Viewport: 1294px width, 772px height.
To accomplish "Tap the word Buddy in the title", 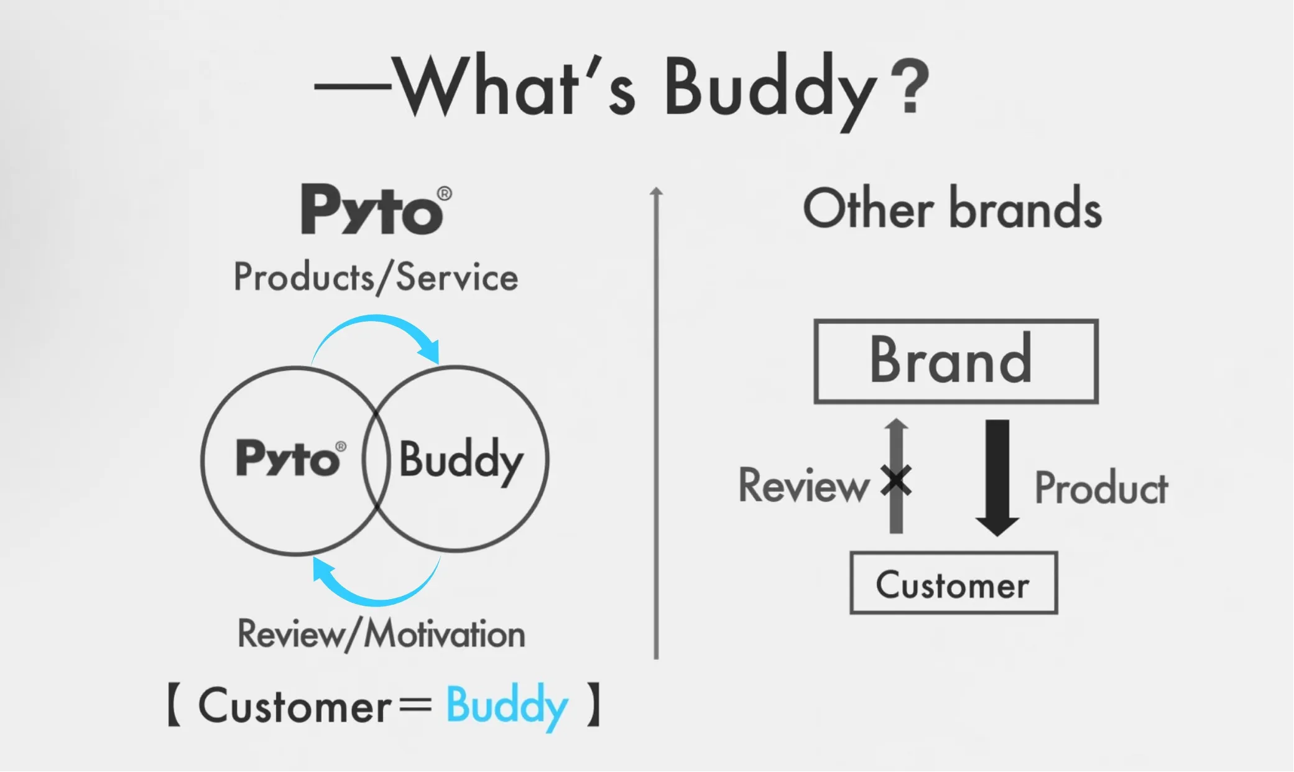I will (770, 90).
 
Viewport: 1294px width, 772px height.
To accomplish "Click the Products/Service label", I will (376, 277).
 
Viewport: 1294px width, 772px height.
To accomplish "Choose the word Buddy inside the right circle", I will (461, 460).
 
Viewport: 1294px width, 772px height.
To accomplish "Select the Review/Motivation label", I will (381, 635).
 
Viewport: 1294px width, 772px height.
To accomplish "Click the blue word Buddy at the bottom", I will (507, 707).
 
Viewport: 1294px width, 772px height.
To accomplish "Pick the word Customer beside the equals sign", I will (295, 707).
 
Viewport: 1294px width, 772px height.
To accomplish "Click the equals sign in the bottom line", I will (415, 706).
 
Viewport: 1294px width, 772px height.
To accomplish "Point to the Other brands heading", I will (952, 209).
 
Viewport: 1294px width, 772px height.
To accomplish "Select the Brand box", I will (956, 361).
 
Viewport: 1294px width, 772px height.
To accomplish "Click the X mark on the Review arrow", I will (896, 481).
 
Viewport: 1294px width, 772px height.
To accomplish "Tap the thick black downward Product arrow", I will (997, 476).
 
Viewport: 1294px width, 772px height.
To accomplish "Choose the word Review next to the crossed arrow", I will (803, 485).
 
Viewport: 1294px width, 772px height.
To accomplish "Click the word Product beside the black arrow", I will (1101, 488).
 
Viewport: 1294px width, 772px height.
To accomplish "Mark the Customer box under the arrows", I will (953, 583).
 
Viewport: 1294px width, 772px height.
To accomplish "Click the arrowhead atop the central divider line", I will (656, 192).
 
